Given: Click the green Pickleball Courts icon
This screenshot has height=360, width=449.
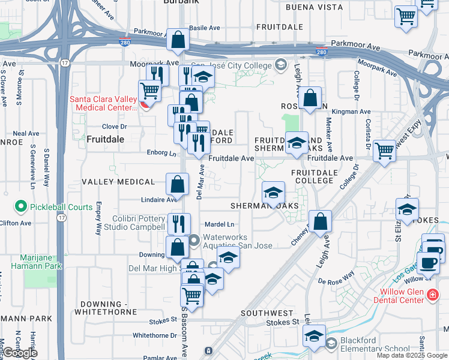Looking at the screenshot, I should click(x=22, y=207).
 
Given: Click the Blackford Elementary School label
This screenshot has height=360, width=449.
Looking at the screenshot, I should click(x=375, y=344).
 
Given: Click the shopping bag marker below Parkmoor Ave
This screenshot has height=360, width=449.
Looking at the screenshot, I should click(x=178, y=40).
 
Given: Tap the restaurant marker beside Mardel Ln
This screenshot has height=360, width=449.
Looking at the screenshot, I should click(x=179, y=224).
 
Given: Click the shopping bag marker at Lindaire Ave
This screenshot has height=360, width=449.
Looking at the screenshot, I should click(x=178, y=183).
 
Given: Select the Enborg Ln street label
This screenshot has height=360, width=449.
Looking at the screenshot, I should click(x=161, y=153).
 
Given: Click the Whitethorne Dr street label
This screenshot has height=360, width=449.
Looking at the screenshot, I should click(x=154, y=335).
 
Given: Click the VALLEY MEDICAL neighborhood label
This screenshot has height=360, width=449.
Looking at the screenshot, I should click(x=118, y=182).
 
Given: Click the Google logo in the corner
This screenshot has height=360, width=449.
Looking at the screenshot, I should click(x=20, y=353).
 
